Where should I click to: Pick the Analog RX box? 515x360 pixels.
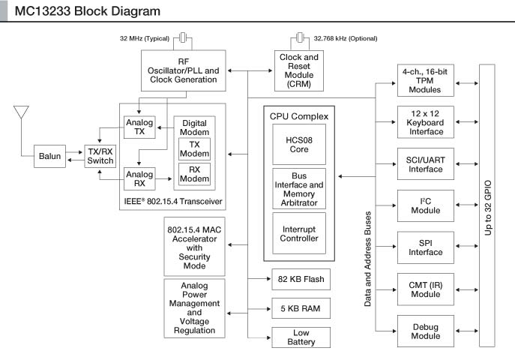tap(139, 178)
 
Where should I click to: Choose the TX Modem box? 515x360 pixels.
tap(194, 148)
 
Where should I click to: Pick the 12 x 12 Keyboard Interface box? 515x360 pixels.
tap(425, 121)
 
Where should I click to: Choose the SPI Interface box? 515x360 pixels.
tap(425, 247)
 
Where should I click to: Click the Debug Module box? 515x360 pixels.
tap(425, 331)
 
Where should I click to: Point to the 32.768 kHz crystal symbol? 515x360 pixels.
tap(300, 37)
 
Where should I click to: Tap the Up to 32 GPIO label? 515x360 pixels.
tap(488, 205)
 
